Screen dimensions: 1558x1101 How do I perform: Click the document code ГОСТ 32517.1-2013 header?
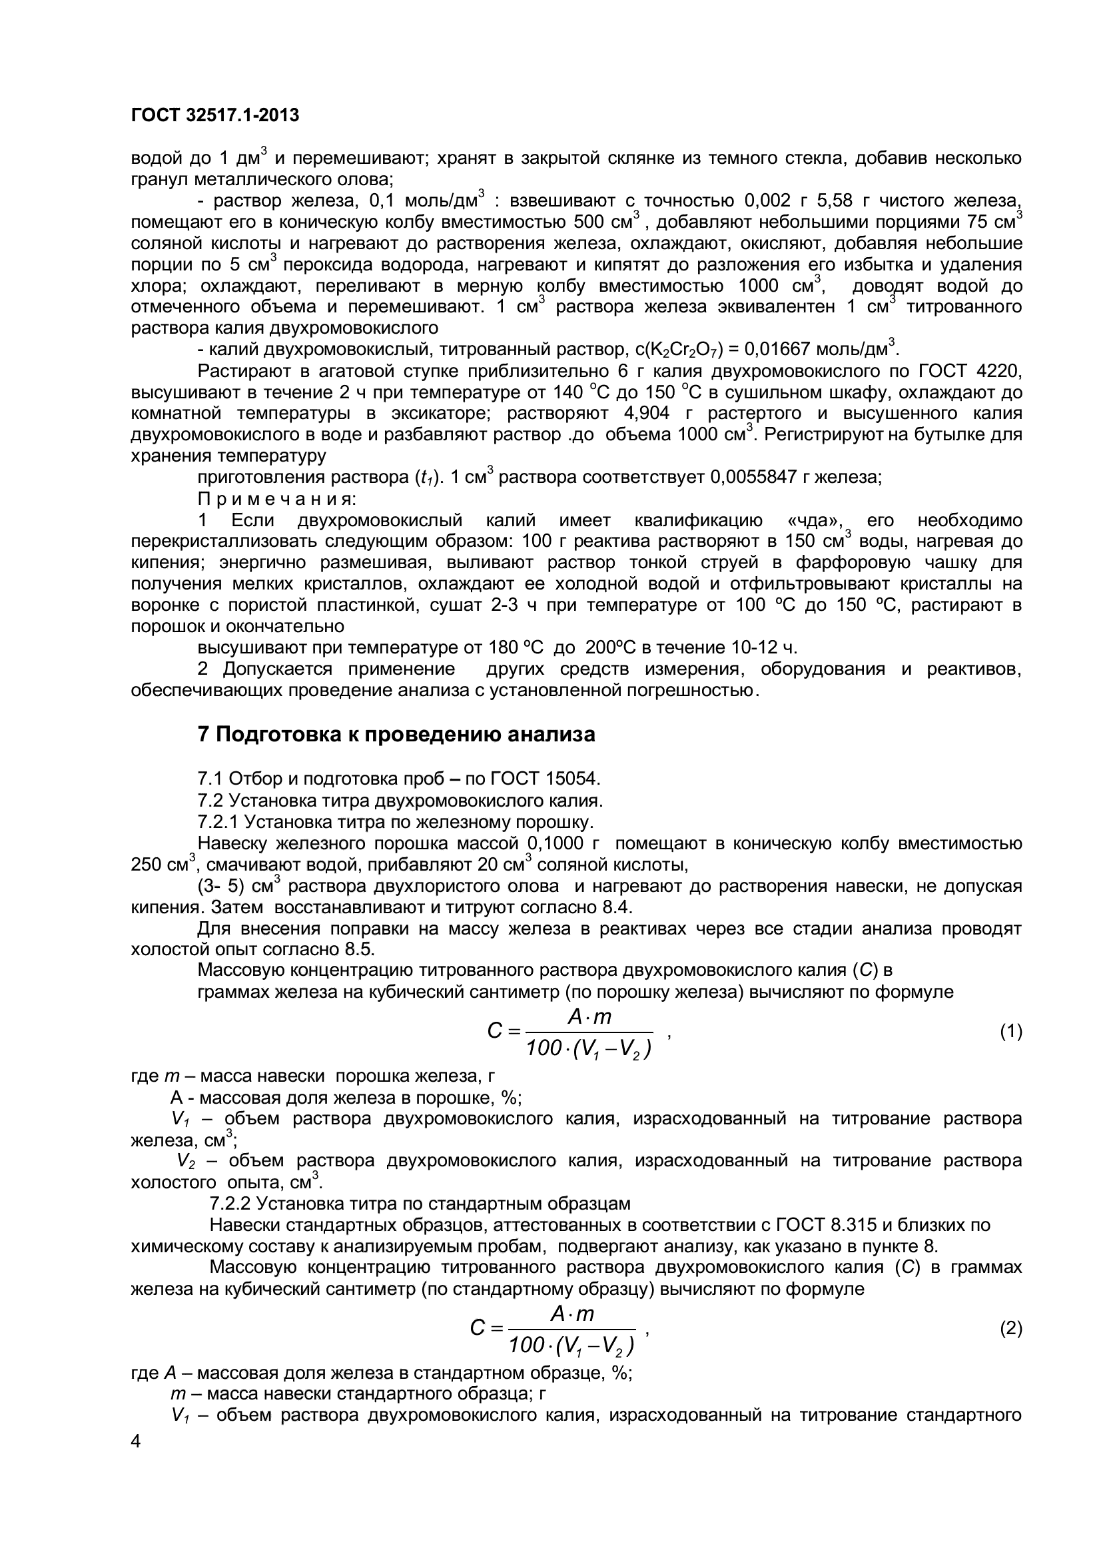(x=214, y=116)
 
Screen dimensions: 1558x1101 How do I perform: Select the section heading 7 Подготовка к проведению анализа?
(x=396, y=734)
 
